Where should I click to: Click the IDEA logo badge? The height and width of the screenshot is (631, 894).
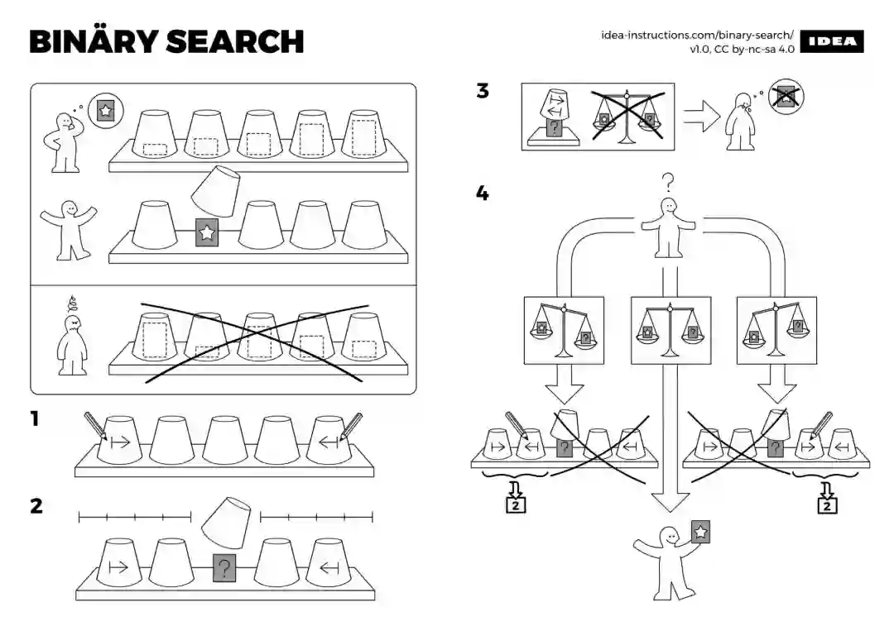pyautogui.click(x=832, y=42)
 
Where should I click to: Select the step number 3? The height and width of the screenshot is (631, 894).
pyautogui.click(x=483, y=91)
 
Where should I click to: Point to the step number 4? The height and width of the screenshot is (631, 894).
pyautogui.click(x=483, y=194)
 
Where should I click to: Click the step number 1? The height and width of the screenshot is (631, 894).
pyautogui.click(x=35, y=419)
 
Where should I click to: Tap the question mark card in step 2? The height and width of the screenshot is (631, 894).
pyautogui.click(x=223, y=568)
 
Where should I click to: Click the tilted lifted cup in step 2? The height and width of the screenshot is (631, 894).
pyautogui.click(x=226, y=521)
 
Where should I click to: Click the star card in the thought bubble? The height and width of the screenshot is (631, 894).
pyautogui.click(x=105, y=110)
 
